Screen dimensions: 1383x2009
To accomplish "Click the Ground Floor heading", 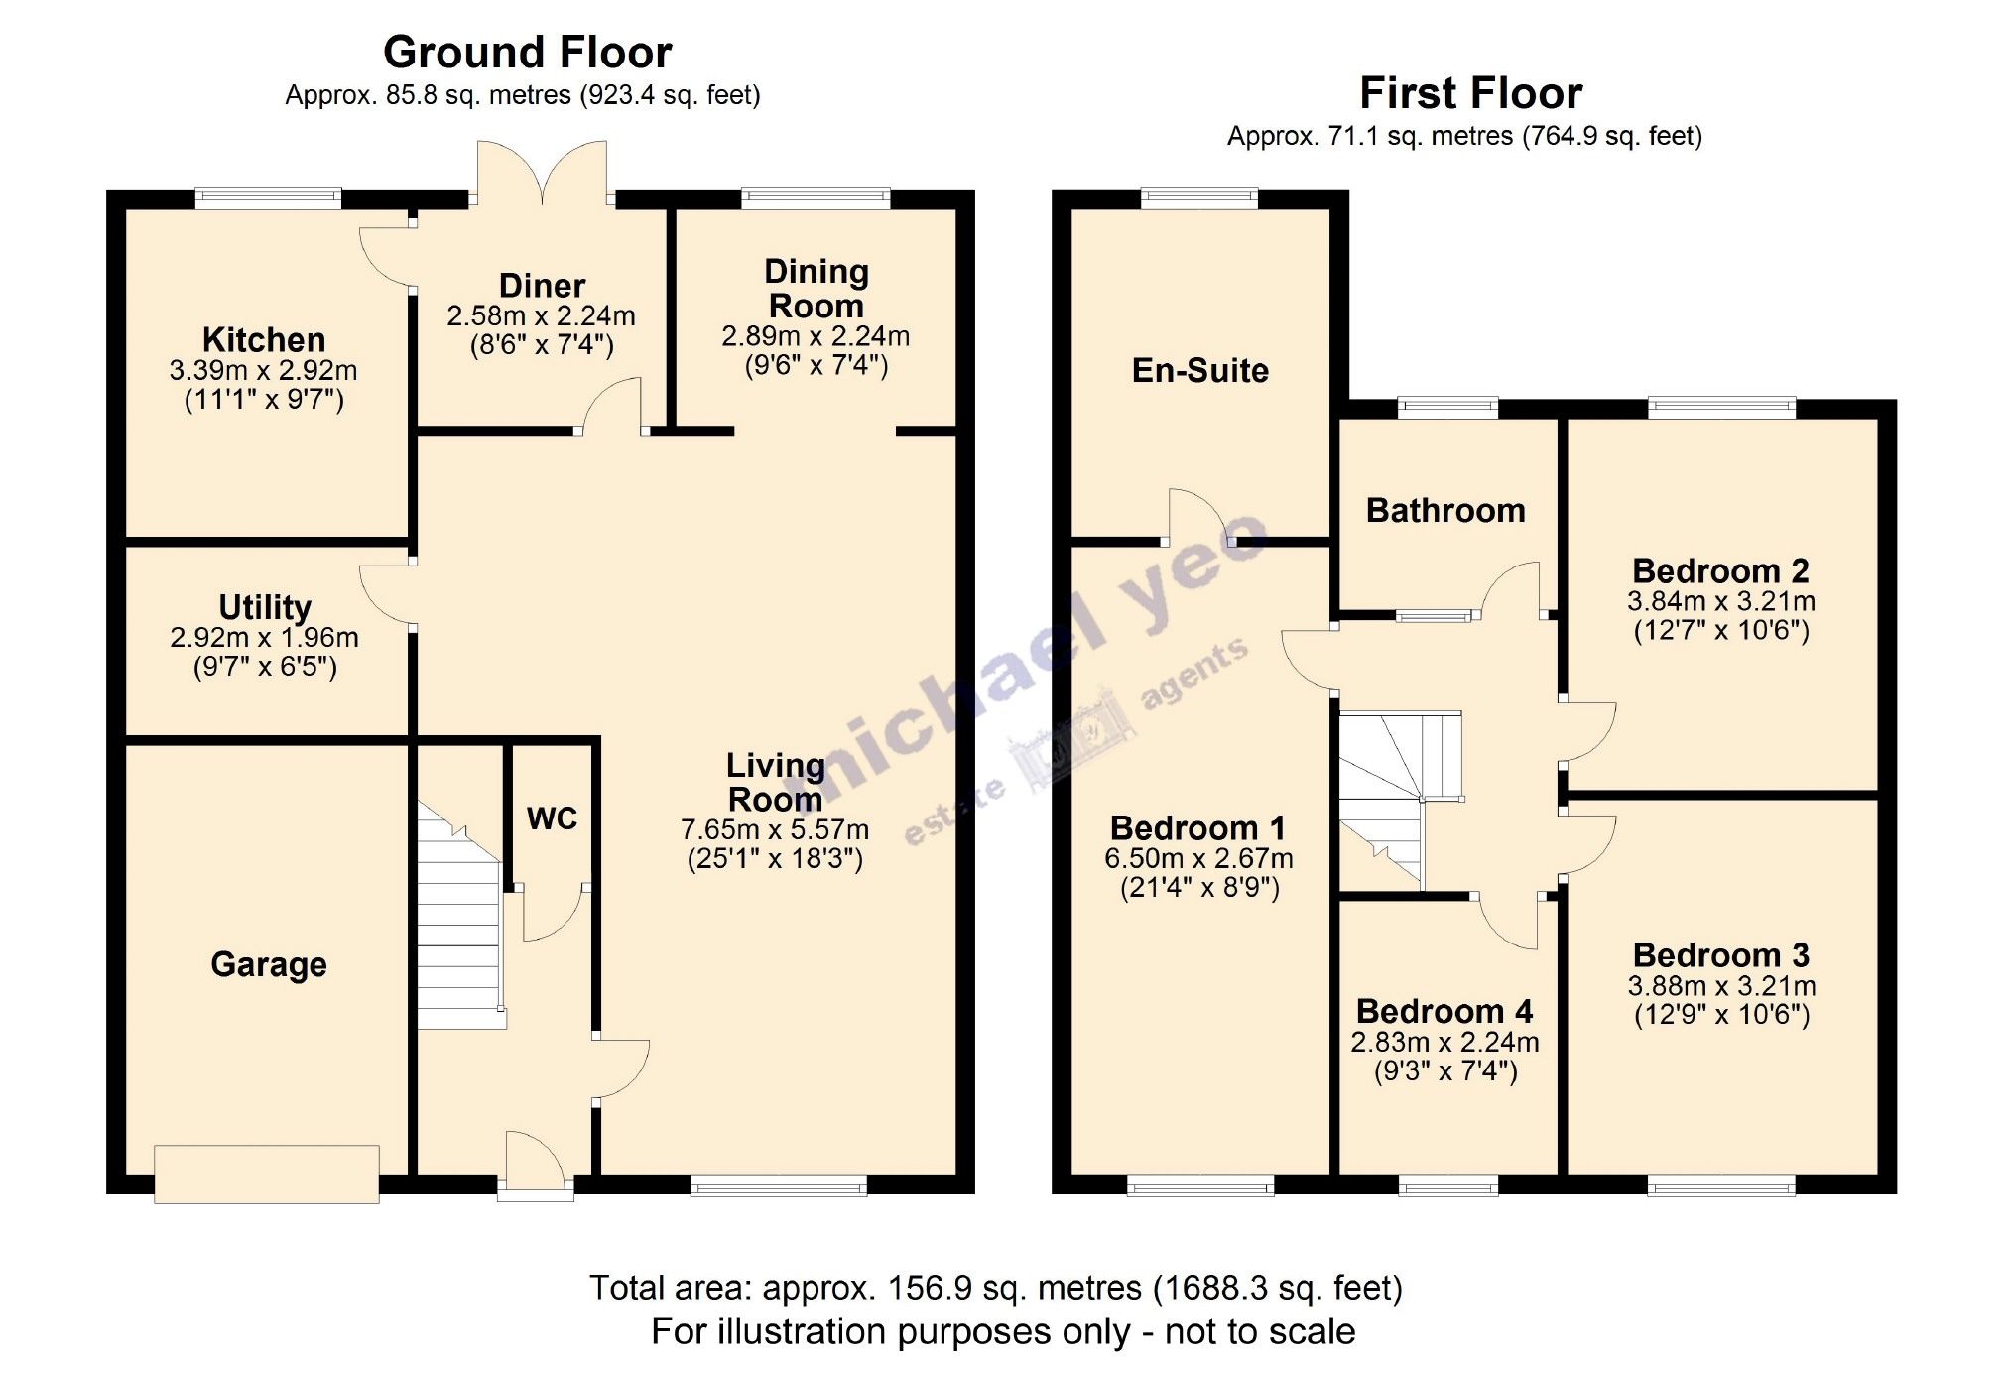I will click(527, 52).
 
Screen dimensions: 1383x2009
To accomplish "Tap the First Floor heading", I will click(1470, 93).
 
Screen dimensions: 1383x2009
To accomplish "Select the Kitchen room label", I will click(264, 340).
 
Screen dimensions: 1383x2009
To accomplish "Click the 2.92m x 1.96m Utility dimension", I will click(264, 637).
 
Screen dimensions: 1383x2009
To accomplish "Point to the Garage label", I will click(269, 964).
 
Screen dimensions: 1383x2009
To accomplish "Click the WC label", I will click(552, 818).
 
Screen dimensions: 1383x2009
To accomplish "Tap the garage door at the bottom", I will click(266, 1175).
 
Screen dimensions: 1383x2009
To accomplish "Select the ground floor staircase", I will click(458, 918).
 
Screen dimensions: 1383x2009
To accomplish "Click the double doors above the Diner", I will click(542, 175).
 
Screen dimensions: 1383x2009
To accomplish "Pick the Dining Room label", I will click(816, 288).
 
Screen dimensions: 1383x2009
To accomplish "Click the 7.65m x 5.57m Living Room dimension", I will click(775, 829).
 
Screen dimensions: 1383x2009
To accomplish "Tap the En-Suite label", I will click(1200, 371).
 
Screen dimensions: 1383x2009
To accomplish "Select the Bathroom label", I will click(1445, 511).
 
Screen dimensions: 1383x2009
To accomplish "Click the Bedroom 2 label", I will click(1720, 571).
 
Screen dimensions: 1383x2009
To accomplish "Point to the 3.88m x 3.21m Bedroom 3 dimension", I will click(1721, 986).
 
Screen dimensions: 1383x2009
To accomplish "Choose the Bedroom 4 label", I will click(1444, 1011).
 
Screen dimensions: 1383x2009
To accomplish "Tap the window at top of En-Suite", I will click(1199, 198).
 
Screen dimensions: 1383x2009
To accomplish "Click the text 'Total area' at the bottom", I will click(671, 1288).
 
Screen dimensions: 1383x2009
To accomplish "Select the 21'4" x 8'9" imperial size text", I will click(1199, 887).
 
